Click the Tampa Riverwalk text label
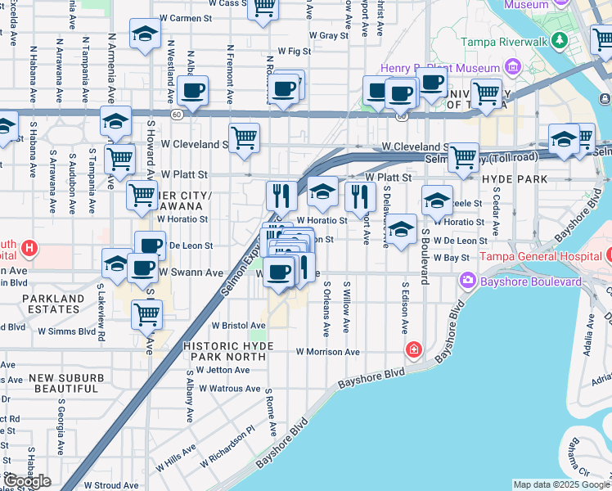click(x=502, y=42)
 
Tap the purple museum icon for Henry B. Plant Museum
click(x=512, y=65)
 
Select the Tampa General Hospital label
click(x=542, y=256)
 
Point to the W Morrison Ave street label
click(x=328, y=352)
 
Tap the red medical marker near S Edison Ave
click(x=415, y=350)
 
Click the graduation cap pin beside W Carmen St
click(x=145, y=34)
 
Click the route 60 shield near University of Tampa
click(x=401, y=116)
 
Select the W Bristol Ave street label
click(x=233, y=325)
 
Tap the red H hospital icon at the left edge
click(x=29, y=247)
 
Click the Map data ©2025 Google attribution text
click(x=561, y=484)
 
